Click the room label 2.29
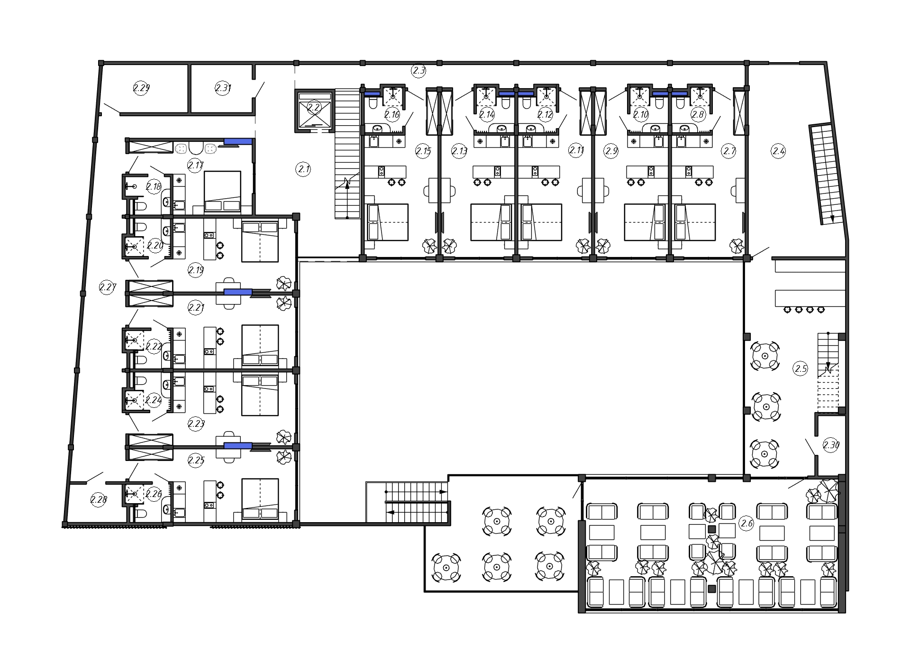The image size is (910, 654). click(141, 88)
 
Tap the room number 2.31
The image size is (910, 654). click(223, 88)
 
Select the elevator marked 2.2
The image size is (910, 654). click(314, 110)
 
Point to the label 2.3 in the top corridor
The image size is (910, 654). click(419, 71)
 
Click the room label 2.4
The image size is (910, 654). click(778, 151)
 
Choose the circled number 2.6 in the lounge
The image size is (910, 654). click(746, 524)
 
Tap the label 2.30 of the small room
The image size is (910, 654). click(831, 445)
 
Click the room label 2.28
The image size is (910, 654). click(99, 499)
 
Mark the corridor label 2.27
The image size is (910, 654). click(108, 287)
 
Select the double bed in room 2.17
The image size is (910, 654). click(222, 192)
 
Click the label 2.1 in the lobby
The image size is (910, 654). click(303, 168)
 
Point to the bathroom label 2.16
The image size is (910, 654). click(392, 114)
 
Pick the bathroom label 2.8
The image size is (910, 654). click(698, 114)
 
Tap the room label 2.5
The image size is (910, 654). click(801, 368)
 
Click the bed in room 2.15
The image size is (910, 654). click(388, 222)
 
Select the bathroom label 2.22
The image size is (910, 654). click(154, 347)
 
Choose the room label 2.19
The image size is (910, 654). click(196, 270)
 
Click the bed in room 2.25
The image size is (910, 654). click(260, 498)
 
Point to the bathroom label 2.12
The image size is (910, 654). click(545, 114)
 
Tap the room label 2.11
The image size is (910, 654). click(576, 151)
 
